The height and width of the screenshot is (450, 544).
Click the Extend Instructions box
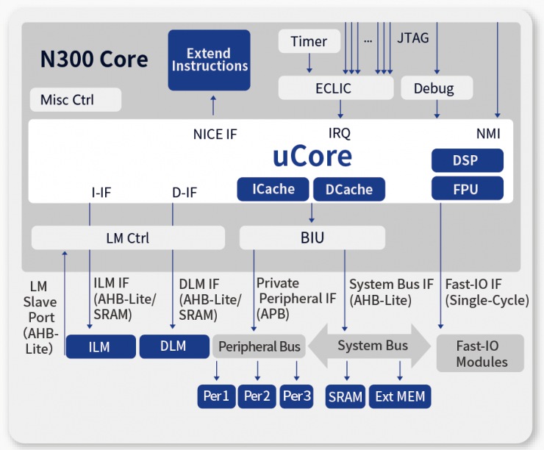pos(209,60)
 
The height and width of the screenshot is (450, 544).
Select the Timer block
pos(309,41)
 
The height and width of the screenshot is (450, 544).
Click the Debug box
pos(433,88)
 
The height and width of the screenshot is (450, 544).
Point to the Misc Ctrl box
pos(76,99)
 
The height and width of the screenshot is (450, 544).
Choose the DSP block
pos(467,160)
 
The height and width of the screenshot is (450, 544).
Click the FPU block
pos(467,189)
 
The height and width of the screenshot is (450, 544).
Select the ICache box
pos(273,189)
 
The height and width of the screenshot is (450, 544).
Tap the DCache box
pos(348,189)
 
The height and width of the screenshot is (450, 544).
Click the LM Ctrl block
pos(128,238)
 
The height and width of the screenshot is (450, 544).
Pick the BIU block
pos(312,238)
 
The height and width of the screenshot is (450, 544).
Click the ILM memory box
pos(101,346)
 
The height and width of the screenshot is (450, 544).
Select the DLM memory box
pos(173,346)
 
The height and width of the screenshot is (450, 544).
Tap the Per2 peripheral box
pos(257,397)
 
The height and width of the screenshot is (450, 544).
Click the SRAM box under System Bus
pos(346,397)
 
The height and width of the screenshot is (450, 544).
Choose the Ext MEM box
pos(399,397)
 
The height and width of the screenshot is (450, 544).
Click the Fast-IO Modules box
pos(481,354)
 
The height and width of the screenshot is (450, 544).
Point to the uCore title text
pos(312,157)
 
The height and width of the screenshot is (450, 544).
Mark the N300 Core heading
pos(94,60)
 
